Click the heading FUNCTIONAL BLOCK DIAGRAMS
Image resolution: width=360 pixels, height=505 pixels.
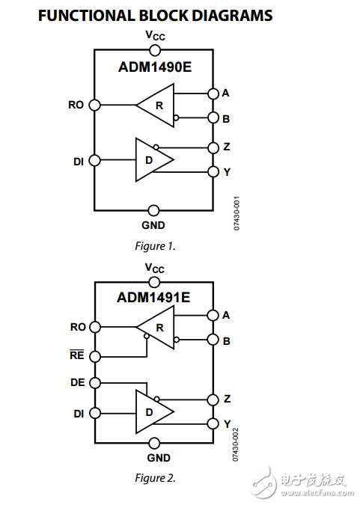[154, 16]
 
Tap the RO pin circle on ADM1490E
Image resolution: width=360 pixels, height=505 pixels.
[94, 105]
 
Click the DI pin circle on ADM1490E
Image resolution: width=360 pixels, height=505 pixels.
[94, 160]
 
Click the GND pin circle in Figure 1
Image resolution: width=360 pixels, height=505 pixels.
[154, 210]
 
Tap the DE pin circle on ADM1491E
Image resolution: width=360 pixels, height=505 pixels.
[94, 382]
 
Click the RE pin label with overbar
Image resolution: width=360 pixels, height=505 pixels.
[77, 355]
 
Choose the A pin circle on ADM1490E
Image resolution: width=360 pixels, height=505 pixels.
[213, 94]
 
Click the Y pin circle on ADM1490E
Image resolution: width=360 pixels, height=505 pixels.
[213, 172]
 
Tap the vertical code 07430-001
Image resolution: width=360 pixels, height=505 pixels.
[237, 212]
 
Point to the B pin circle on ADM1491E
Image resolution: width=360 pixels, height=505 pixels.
[213, 340]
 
